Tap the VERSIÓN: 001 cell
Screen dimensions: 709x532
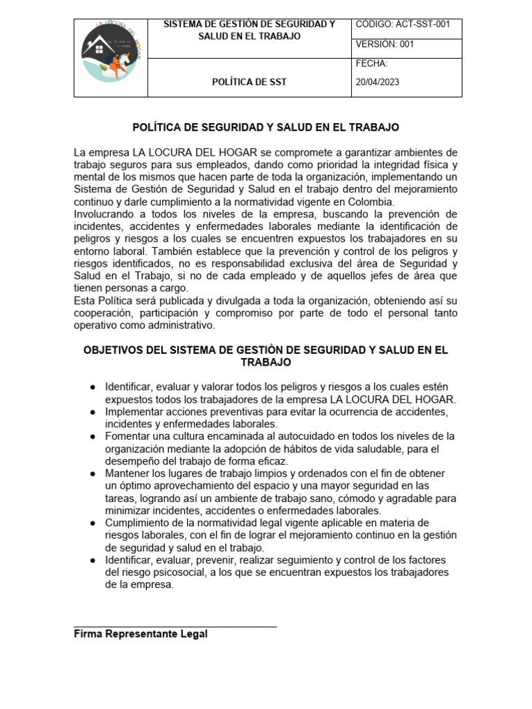384,44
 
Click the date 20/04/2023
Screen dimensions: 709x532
378,82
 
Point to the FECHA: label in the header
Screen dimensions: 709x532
371,64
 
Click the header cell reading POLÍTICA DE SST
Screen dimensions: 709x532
249,82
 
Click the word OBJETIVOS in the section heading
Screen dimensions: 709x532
114,350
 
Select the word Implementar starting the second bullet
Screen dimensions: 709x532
135,411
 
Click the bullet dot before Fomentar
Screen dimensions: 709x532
93,436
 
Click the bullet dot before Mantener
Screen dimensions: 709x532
93,474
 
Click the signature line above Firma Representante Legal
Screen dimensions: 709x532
175,627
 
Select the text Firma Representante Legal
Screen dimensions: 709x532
141,634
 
